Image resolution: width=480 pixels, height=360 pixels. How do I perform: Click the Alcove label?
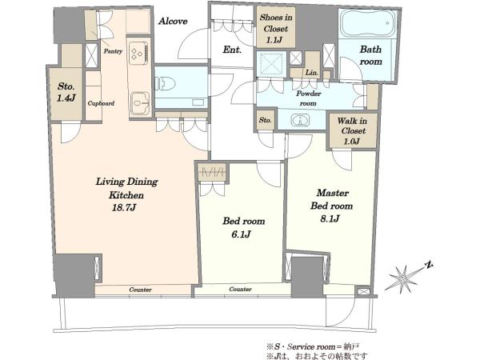click(173, 21)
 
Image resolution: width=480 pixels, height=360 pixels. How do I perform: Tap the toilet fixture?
click(166, 83)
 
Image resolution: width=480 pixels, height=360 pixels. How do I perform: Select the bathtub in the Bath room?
click(366, 24)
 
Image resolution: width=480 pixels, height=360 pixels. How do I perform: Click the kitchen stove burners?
click(139, 51)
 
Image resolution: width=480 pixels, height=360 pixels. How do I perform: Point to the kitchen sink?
click(141, 102)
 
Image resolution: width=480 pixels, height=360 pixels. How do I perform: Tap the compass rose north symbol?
click(430, 265)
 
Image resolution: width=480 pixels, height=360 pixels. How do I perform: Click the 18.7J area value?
click(124, 208)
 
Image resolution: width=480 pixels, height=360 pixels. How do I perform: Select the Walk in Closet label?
click(352, 126)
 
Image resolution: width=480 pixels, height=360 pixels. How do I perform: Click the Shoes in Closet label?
click(276, 23)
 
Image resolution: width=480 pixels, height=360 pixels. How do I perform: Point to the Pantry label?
click(113, 51)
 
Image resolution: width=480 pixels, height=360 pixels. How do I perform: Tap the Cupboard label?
click(101, 103)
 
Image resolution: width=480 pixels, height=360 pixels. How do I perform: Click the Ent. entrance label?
click(232, 50)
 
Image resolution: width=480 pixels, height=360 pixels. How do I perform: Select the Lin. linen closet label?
click(312, 73)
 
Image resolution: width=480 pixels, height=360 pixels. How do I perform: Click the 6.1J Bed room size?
click(242, 234)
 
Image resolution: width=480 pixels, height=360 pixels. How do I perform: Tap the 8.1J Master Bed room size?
click(330, 219)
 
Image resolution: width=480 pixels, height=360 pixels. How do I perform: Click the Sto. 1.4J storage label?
click(66, 92)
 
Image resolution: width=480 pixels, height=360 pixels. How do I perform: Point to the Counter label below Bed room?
click(240, 289)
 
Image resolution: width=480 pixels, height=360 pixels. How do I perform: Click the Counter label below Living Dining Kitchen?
click(140, 290)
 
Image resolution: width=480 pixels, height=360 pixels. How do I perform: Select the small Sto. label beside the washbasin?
click(265, 120)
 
